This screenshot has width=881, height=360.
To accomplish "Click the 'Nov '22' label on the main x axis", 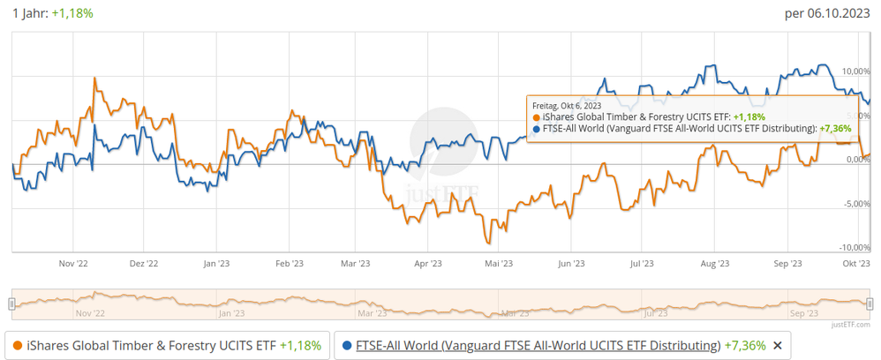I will [x=72, y=263].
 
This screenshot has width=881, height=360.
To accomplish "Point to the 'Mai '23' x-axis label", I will [x=499, y=263].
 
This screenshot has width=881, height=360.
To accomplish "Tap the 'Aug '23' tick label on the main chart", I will [x=714, y=263].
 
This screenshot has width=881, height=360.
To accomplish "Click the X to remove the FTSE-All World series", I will [x=777, y=345].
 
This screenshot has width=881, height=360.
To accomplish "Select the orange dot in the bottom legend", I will [x=18, y=345].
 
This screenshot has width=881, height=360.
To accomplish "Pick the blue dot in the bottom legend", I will [x=347, y=345].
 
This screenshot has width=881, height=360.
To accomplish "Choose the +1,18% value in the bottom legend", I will [x=301, y=345].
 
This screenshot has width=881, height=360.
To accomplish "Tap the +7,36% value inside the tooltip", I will [x=835, y=128].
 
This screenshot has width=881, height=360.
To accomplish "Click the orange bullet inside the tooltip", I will [x=537, y=116].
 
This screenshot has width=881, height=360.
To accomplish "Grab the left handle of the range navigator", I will [x=11, y=304].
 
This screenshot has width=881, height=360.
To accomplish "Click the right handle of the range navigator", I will [x=870, y=304].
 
